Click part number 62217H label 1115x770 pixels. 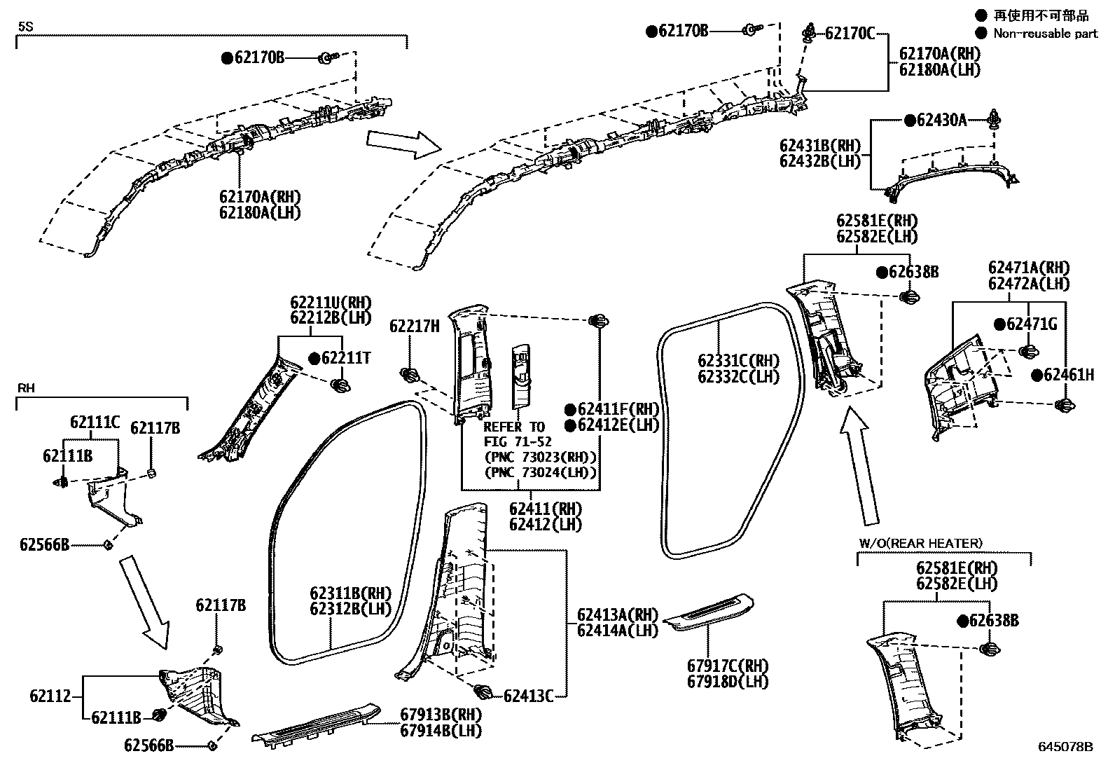coord(415,326)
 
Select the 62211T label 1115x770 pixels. coord(345,358)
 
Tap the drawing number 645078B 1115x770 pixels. coord(1065,747)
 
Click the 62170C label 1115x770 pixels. coord(849,33)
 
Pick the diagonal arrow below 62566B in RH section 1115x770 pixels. coord(145,600)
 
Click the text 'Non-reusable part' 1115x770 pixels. coord(1045,33)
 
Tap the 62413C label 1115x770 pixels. coord(528,696)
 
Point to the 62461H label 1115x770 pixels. coord(1068,375)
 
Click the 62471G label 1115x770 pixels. coord(1032,324)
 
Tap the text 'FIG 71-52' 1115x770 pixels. coord(518,442)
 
